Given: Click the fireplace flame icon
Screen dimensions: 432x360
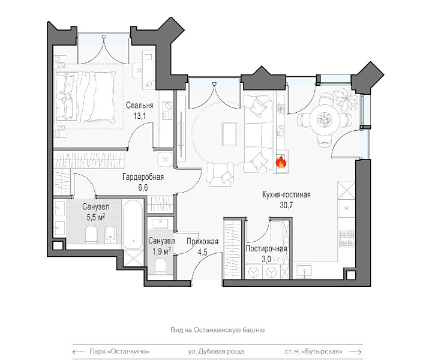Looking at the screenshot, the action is point(281,161).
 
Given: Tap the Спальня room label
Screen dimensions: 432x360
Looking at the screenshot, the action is point(140,105).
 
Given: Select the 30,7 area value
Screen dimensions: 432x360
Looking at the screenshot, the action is point(287,205).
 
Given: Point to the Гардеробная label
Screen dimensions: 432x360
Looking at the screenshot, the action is point(143,176).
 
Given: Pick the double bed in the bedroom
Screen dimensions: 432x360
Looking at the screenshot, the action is point(85,97).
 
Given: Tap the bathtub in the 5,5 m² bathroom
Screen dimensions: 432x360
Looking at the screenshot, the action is point(133,224).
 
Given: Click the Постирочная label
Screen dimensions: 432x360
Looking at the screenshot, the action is point(266,248).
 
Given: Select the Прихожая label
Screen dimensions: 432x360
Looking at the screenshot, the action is point(203,242).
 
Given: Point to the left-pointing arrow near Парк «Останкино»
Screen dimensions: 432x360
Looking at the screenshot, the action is point(79,352).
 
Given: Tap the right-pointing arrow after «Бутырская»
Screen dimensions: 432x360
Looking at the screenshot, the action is point(355,352).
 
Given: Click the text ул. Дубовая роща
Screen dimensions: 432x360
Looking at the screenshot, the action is point(216,352).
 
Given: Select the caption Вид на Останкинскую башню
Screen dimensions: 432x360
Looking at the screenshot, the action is point(218,330).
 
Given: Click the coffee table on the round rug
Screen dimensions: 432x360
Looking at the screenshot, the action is point(229,134).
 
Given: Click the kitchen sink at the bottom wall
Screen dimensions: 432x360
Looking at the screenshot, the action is point(304,271).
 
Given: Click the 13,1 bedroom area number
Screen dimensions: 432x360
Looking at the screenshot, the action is point(140,116).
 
